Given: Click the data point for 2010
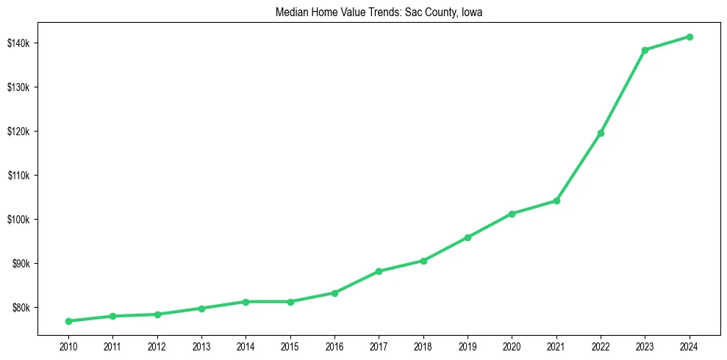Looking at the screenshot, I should click(x=68, y=321).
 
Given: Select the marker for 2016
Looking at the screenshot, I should click(x=334, y=293).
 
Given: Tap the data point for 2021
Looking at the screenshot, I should click(x=556, y=201).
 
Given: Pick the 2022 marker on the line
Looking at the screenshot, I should click(x=601, y=133).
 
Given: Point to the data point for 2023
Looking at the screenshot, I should click(x=645, y=50).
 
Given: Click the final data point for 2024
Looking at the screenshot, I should click(x=690, y=37).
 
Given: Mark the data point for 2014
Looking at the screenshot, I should click(x=246, y=302).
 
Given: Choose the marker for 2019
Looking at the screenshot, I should click(x=468, y=237).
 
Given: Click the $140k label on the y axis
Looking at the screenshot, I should click(x=18, y=43).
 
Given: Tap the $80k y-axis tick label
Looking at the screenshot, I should click(x=21, y=308).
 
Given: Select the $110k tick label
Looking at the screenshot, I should click(x=18, y=176).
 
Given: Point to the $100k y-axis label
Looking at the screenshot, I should click(x=18, y=220).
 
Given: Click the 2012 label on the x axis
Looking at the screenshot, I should click(x=157, y=346).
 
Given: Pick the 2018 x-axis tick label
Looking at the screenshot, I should click(x=423, y=346).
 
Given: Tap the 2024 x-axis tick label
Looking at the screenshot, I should click(x=690, y=346).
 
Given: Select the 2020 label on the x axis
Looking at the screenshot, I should click(x=512, y=346).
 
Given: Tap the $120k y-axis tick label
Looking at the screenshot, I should click(x=18, y=132).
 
